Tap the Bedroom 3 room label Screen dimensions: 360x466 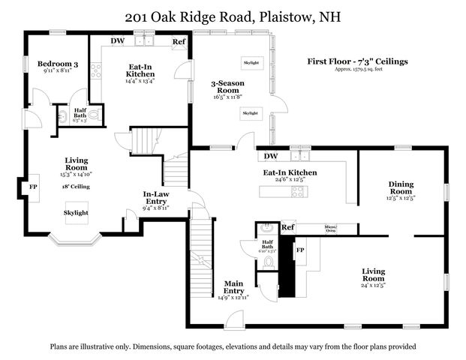coord(58,64)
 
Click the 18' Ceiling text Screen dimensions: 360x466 coord(76,185)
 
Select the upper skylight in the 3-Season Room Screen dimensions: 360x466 coord(251,63)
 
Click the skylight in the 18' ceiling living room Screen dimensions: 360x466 coord(76,213)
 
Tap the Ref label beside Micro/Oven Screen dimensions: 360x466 coord(287,227)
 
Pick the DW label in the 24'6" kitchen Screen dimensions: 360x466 coord(271,157)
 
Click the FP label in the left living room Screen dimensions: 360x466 coord(33,187)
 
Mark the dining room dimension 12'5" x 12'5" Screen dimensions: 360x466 coord(401,199)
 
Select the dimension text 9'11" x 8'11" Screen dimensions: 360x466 coord(58,73)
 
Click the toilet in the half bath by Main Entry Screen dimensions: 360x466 coord(269,262)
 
